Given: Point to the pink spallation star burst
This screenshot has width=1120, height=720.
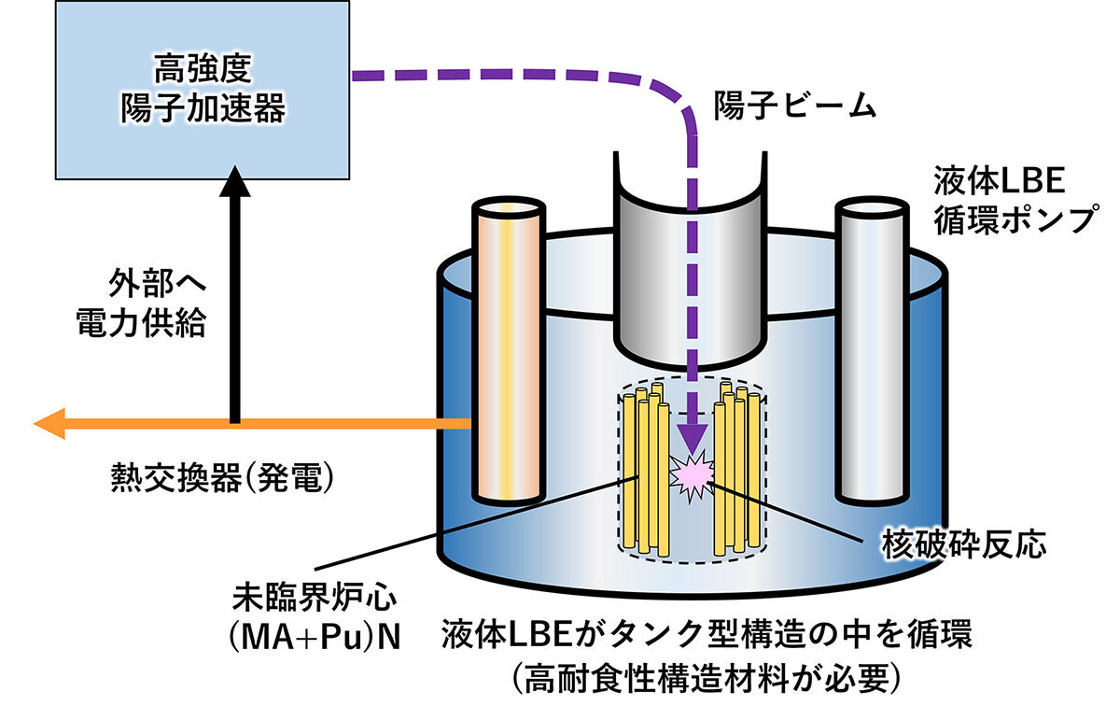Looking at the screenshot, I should tap(692, 475).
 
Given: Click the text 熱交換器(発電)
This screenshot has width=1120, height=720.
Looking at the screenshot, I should tap(220, 479).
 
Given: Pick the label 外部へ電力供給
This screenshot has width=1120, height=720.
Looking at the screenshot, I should tap(154, 302).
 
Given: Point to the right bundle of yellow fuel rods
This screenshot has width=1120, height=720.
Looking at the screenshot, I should tap(736, 467).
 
